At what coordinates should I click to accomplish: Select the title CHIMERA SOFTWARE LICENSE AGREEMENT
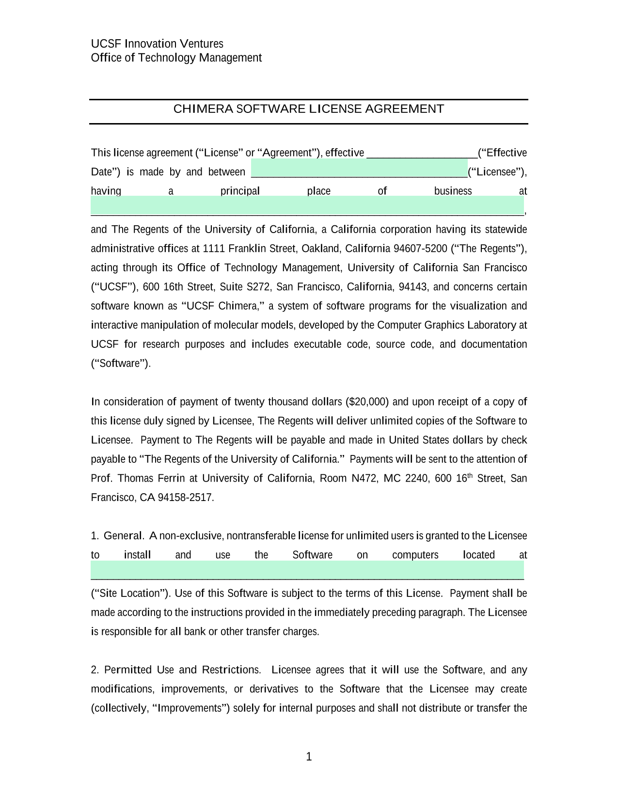309,109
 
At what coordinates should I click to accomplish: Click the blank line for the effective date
422,154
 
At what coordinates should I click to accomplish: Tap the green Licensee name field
359,169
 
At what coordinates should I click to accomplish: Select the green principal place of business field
307,206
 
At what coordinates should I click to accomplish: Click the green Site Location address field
307,571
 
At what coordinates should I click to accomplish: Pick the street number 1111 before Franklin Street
214,249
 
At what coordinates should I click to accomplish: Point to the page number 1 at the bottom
309,757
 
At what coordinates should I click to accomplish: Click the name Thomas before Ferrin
135,478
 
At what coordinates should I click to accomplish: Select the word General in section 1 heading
123,536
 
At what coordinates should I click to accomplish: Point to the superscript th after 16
470,475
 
